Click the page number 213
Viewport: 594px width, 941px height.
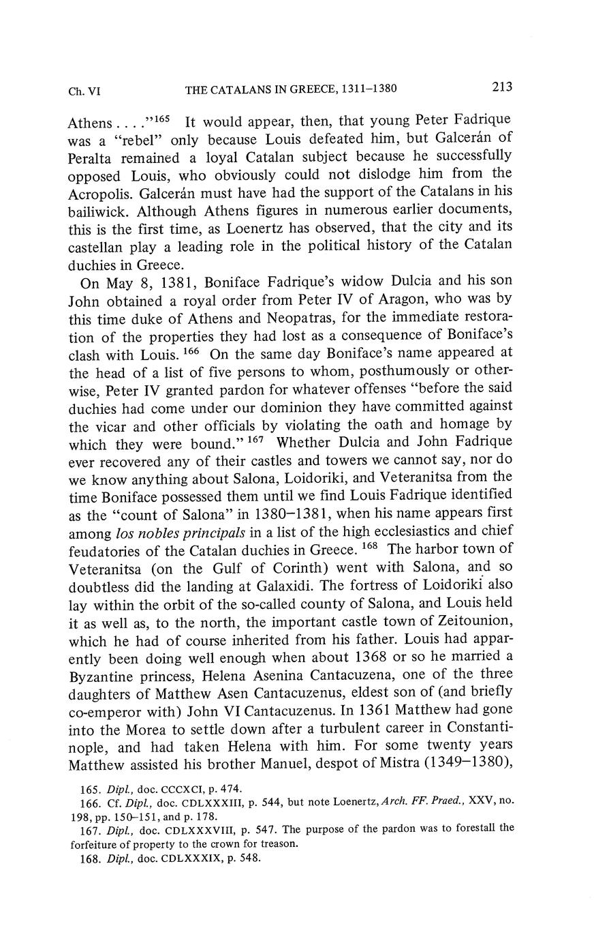click(x=500, y=87)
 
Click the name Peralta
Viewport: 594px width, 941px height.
click(x=95, y=157)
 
